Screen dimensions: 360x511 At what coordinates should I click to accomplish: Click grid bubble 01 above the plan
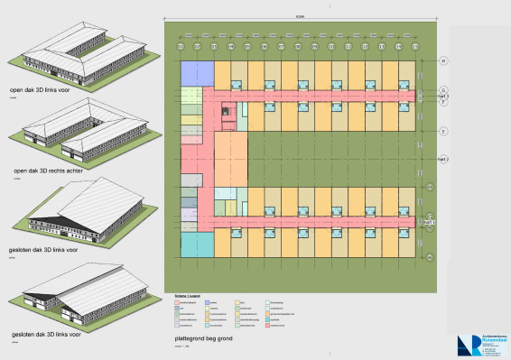click(181, 46)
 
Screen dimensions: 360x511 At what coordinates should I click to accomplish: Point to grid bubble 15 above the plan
click(414, 46)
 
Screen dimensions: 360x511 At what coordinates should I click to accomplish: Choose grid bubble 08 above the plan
click(298, 46)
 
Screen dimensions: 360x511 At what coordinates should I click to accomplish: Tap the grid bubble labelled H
click(443, 61)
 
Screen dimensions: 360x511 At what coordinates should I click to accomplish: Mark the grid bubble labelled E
click(443, 132)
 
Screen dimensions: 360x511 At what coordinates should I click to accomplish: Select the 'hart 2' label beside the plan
click(442, 159)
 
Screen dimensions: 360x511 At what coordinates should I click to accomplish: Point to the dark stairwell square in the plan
click(227, 110)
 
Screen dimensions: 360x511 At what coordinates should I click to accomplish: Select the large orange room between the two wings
click(230, 157)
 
